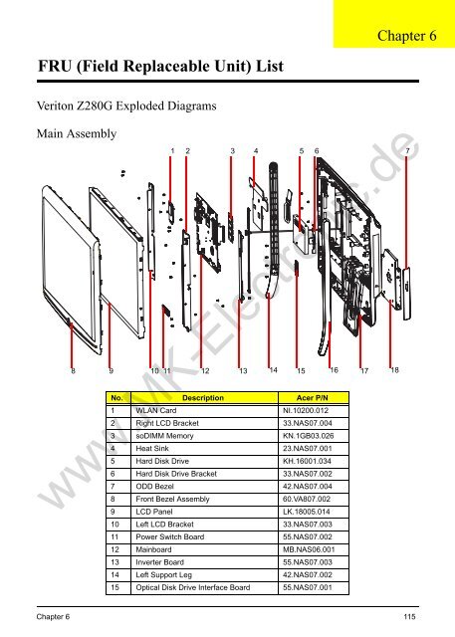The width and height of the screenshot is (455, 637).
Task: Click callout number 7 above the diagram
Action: (408, 151)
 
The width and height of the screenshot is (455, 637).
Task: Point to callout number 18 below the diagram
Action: (395, 370)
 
